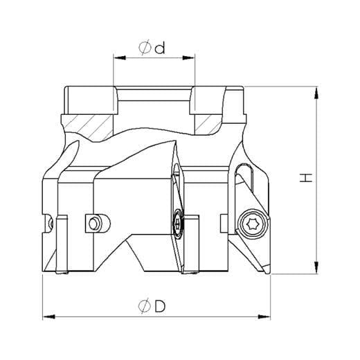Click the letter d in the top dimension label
[x=160, y=48]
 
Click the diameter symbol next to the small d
[x=145, y=48]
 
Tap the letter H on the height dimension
[x=306, y=178]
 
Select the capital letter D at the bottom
[x=160, y=307]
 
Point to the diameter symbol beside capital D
[x=145, y=307]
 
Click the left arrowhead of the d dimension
[x=120, y=57]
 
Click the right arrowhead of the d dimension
[x=189, y=57]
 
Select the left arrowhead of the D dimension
[x=49, y=317]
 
